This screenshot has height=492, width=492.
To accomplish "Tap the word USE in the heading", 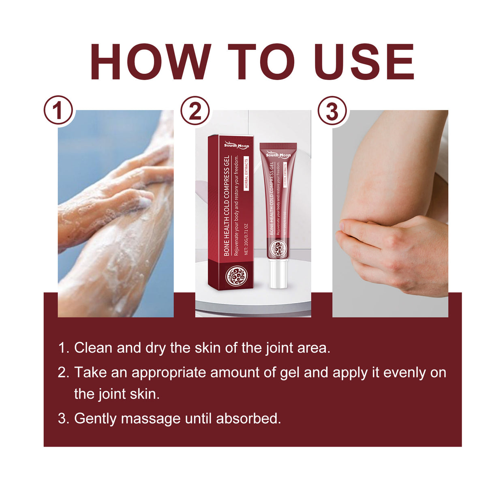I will [364, 62].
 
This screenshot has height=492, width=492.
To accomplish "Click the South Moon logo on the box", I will [237, 145].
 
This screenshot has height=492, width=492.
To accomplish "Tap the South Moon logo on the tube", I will [278, 155].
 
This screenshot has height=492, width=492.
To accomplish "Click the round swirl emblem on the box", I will [236, 276].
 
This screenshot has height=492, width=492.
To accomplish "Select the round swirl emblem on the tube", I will [278, 248].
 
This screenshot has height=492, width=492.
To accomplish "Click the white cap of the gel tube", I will [278, 274].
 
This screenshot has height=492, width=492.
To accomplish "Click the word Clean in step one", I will [93, 348].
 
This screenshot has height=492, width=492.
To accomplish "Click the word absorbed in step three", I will [248, 418].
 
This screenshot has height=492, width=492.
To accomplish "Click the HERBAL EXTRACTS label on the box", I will [246, 174].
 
